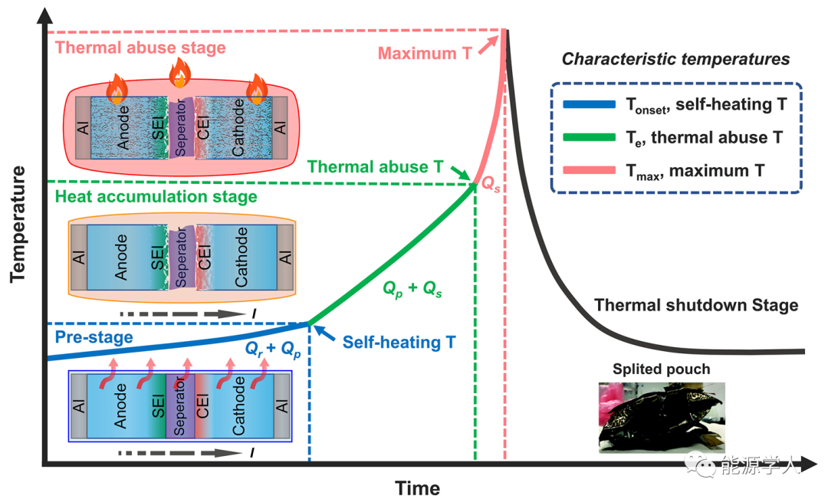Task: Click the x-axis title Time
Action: click(418, 488)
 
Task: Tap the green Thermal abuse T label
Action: click(376, 166)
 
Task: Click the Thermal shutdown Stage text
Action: click(696, 305)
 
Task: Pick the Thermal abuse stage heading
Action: click(141, 48)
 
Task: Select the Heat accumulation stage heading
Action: click(156, 197)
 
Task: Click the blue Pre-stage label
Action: click(94, 336)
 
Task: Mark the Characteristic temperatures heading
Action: click(675, 59)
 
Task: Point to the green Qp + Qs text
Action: click(412, 290)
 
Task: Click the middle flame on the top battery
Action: click(179, 74)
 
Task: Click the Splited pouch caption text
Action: click(661, 369)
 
